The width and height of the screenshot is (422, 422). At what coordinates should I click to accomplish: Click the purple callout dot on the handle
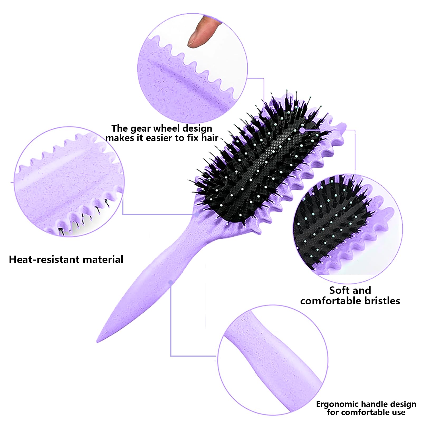pos(171,283)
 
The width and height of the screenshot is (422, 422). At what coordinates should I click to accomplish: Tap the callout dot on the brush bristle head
pos(302,130)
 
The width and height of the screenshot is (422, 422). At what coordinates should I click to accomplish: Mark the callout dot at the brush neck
pos(197,214)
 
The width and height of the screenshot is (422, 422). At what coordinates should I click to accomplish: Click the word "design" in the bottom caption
pos(403,404)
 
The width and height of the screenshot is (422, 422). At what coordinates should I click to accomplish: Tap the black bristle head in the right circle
pos(330,224)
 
